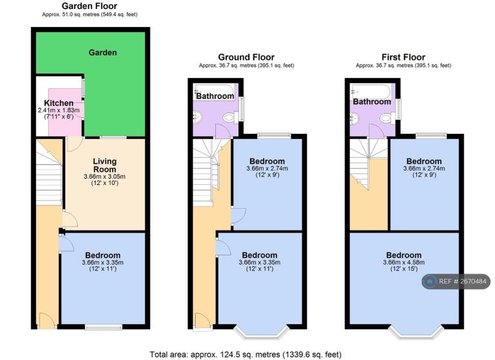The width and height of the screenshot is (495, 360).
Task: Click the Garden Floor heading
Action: point(90,6)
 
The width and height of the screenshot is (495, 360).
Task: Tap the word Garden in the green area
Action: point(102,52)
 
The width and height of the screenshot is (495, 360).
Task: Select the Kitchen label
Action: point(59,103)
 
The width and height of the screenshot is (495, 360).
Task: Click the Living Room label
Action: point(104,166)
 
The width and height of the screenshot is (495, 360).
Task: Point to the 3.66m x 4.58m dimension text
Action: point(403,263)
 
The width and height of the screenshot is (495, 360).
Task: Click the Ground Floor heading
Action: point(246,57)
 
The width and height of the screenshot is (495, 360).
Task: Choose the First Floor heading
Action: point(403,57)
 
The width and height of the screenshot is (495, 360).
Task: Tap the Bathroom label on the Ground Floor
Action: point(215,96)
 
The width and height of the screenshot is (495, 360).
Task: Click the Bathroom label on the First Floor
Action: point(372,102)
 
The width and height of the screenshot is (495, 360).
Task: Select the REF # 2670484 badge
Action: point(456,281)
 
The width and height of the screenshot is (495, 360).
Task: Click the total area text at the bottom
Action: point(246,355)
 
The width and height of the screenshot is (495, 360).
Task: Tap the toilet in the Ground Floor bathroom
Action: point(231,118)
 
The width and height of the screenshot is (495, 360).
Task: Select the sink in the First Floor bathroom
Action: point(354,118)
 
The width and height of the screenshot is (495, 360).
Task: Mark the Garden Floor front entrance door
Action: point(47,321)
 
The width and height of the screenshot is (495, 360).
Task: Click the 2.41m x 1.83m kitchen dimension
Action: point(59,110)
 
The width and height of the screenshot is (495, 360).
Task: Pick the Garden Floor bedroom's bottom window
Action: point(104,328)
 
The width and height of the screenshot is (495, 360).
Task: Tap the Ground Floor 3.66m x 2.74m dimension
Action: point(267,169)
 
